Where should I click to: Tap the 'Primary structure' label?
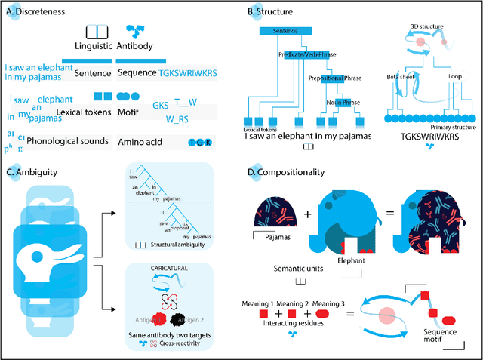tap(445, 127)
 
